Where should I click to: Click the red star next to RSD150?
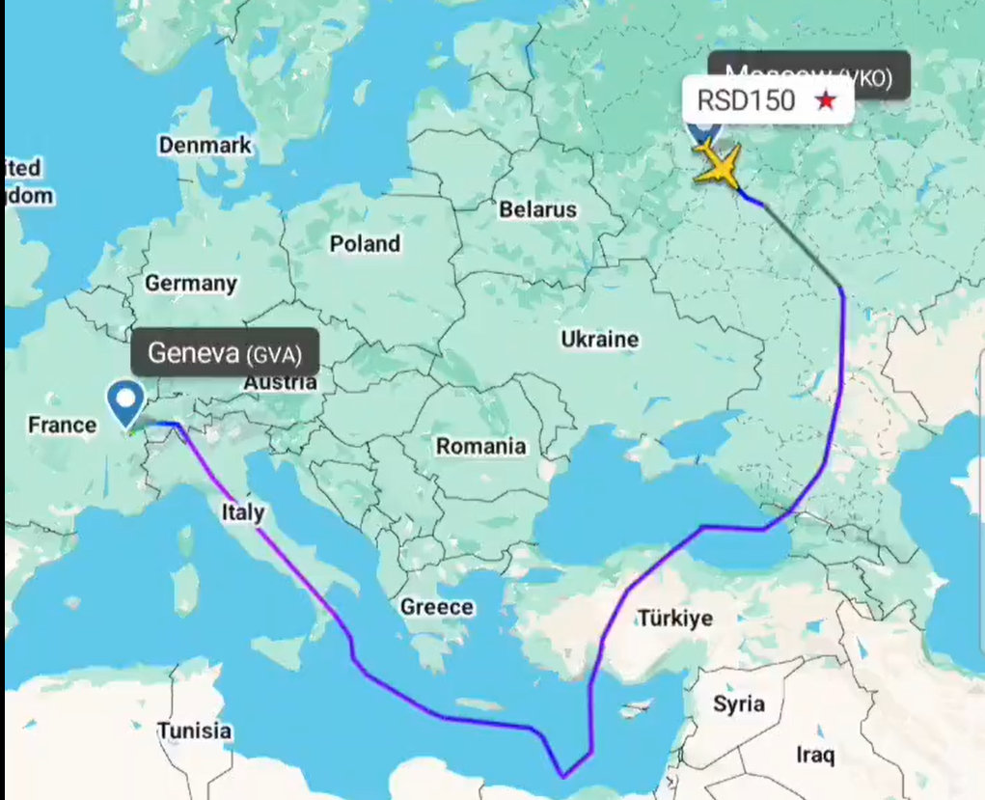(x=826, y=99)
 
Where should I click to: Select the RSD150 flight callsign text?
(x=747, y=100)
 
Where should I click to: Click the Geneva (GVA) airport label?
(x=224, y=353)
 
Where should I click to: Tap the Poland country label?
(x=365, y=244)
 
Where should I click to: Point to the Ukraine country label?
(x=599, y=339)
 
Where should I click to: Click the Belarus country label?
(x=537, y=208)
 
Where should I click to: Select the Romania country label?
(x=480, y=446)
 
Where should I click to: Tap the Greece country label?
(x=437, y=607)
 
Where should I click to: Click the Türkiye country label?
(x=674, y=619)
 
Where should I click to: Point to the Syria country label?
(x=739, y=703)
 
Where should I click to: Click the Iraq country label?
(x=815, y=754)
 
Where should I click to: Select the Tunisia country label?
(x=195, y=730)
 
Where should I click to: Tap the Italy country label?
(x=242, y=511)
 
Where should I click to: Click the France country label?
(x=62, y=425)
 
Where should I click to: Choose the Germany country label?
(x=190, y=283)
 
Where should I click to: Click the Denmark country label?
(x=205, y=146)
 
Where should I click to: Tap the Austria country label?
(x=280, y=382)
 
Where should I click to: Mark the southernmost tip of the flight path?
(x=563, y=775)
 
